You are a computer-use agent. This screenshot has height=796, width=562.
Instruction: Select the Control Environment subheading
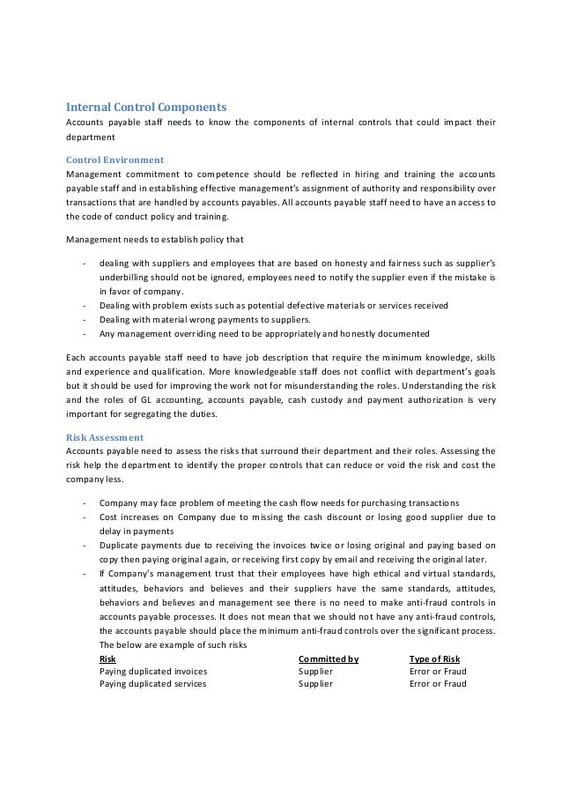click(x=115, y=160)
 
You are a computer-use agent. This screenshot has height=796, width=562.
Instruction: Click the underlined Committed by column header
click(x=329, y=658)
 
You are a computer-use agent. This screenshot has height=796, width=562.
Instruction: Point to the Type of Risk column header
click(x=435, y=658)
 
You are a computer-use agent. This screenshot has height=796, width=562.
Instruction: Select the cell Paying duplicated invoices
click(x=153, y=671)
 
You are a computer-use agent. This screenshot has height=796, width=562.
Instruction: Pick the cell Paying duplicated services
click(x=152, y=683)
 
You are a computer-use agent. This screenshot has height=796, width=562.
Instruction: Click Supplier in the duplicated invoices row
click(x=315, y=671)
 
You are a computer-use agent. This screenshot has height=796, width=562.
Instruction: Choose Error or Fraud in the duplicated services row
click(x=438, y=683)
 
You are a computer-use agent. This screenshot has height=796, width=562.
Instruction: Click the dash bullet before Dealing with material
click(x=83, y=319)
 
